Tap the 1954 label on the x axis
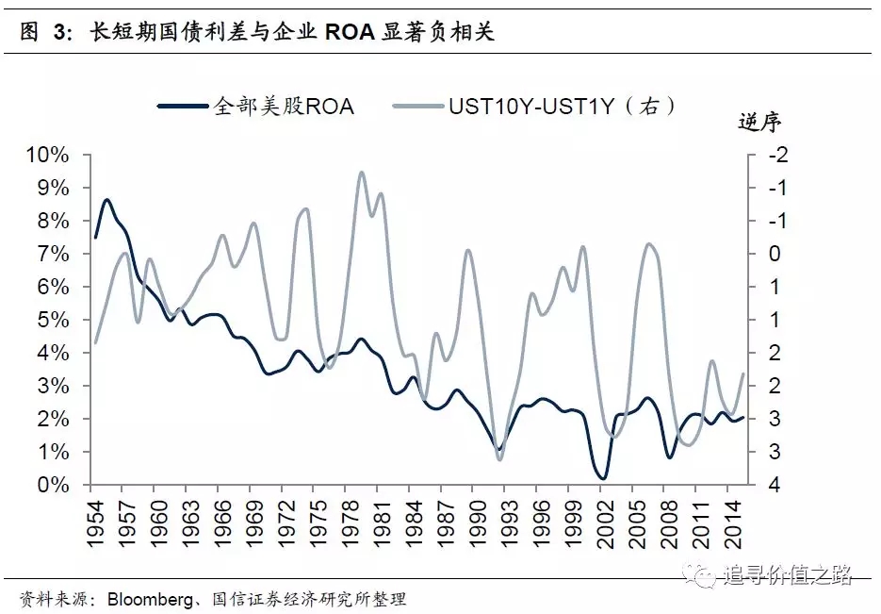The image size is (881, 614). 94,517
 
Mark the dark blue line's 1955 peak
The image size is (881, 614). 106,200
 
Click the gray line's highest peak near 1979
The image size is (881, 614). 361,173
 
